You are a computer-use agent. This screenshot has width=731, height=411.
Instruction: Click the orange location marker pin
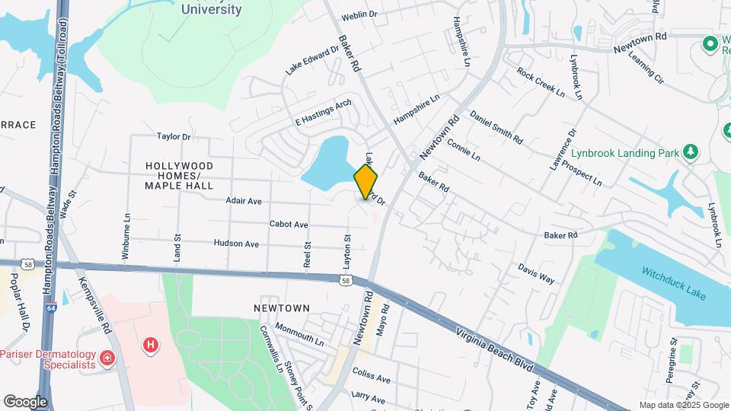[x=365, y=181]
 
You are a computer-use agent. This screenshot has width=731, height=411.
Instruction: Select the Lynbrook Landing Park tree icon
[x=691, y=151]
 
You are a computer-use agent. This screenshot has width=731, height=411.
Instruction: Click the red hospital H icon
[x=152, y=346]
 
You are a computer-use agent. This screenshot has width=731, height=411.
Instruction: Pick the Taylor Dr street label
[x=173, y=137]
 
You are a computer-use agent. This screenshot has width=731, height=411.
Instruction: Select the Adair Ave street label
[x=244, y=201]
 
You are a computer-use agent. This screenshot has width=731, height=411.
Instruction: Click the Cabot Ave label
[x=289, y=225]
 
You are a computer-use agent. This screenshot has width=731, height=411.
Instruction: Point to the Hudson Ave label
[x=236, y=244]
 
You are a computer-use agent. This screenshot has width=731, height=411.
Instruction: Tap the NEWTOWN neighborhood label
[x=282, y=308]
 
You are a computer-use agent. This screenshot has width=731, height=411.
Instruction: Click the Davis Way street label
[x=536, y=273]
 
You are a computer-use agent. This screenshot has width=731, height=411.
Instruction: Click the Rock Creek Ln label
[x=541, y=83]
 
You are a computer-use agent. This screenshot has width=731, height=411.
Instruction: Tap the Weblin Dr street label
[x=359, y=14]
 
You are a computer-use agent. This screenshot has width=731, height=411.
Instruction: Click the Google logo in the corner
[x=25, y=401]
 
